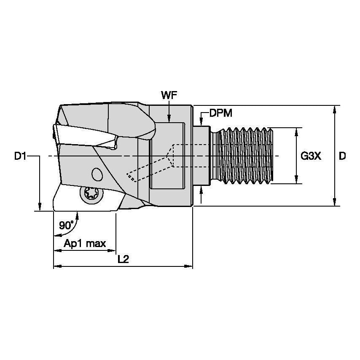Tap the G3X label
311,156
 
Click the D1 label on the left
20,156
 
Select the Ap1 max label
85,244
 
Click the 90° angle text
66,225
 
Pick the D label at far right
342,156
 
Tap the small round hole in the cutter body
97,174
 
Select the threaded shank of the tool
244,156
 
